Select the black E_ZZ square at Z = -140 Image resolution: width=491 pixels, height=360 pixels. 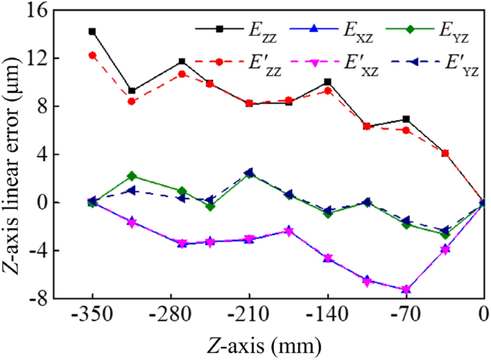pyautogui.click(x=327, y=82)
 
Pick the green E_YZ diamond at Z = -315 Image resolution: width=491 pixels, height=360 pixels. pyautogui.click(x=132, y=176)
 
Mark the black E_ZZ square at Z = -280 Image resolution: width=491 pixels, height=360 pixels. pyautogui.click(x=182, y=62)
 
